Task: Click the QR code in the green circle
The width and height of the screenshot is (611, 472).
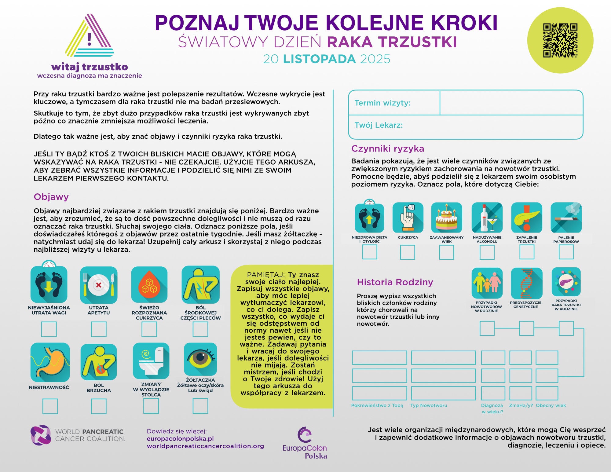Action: pyautogui.click(x=560, y=40)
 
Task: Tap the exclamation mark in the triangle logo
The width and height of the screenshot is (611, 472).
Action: pyautogui.click(x=89, y=39)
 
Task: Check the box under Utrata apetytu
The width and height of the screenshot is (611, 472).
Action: pyautogui.click(x=99, y=329)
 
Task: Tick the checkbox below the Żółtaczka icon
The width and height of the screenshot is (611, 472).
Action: pyautogui.click(x=200, y=406)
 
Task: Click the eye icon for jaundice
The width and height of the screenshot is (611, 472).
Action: pyautogui.click(x=200, y=359)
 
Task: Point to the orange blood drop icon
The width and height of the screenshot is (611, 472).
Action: pyautogui.click(x=149, y=284)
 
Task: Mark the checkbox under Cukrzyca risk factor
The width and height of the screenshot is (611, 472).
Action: pyautogui.click(x=408, y=252)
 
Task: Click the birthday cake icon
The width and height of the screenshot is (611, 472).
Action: pyautogui.click(x=447, y=218)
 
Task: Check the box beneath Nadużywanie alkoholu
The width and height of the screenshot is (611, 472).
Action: pyautogui.click(x=487, y=252)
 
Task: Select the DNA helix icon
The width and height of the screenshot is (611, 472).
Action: pyautogui.click(x=526, y=283)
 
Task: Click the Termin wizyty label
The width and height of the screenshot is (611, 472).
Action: pyautogui.click(x=382, y=103)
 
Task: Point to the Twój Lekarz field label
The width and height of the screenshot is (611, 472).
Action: pyautogui.click(x=379, y=125)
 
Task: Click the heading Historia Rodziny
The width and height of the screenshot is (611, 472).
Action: pyautogui.click(x=395, y=282)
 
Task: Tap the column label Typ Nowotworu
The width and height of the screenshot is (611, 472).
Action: pyautogui.click(x=429, y=405)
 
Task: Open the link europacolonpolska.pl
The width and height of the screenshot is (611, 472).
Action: pyautogui.click(x=180, y=439)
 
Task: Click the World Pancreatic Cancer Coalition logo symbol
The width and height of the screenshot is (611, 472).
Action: pyautogui.click(x=41, y=435)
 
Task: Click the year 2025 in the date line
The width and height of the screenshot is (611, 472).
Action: pyautogui.click(x=375, y=59)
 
